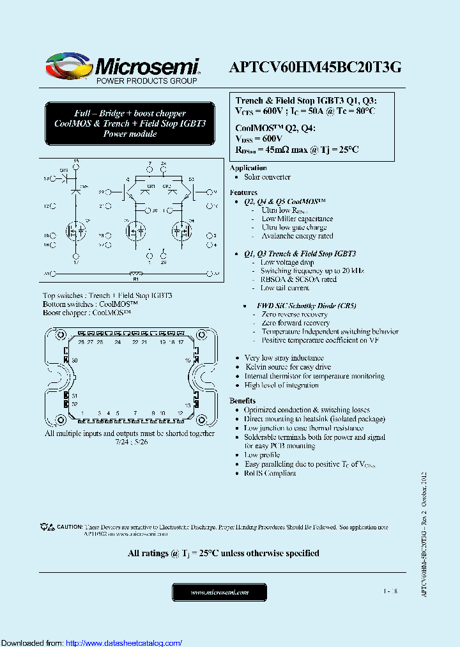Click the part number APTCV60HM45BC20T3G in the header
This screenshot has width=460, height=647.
tap(314, 67)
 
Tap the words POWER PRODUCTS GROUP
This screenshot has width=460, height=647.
tap(146, 81)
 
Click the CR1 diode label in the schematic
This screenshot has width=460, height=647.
tap(151, 186)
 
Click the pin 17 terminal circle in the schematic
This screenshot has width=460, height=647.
tap(76, 257)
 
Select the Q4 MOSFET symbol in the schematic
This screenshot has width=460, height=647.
tap(181, 230)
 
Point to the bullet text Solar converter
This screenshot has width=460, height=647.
tap(267, 177)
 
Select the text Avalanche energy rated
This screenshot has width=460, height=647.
tap(297, 236)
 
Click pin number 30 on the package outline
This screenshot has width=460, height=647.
tap(75, 361)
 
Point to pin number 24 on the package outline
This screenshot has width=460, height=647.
tap(117, 343)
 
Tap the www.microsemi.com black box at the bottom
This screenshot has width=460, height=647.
tap(219, 593)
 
